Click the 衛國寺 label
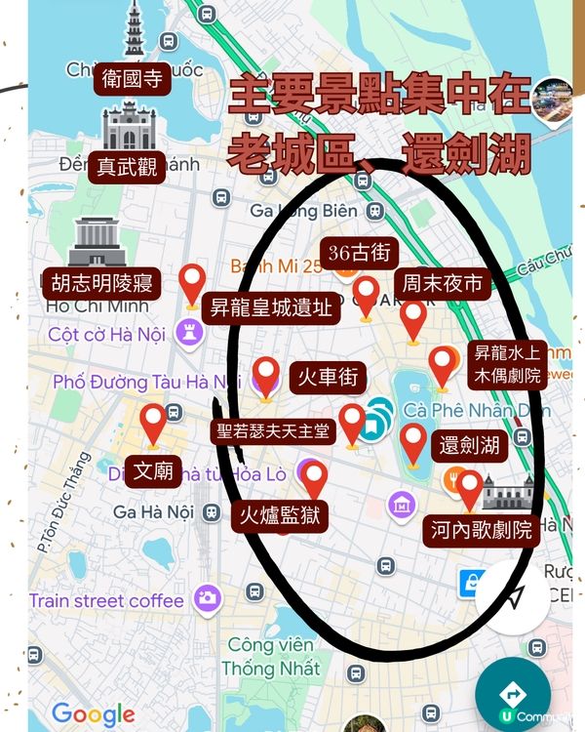coord(133,80)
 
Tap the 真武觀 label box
coord(128,167)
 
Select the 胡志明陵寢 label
coord(102,284)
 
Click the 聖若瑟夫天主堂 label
coord(274,430)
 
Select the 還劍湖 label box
coord(469,446)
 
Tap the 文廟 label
coord(153,472)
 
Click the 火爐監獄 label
coord(282,515)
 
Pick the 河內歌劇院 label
coord(482,530)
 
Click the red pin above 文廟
coord(153,425)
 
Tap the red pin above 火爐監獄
coord(314,478)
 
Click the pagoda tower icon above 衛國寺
coord(133,29)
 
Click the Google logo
coord(94,713)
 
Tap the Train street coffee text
coord(106,600)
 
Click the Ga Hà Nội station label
coord(153,511)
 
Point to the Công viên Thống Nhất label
coord(270,657)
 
